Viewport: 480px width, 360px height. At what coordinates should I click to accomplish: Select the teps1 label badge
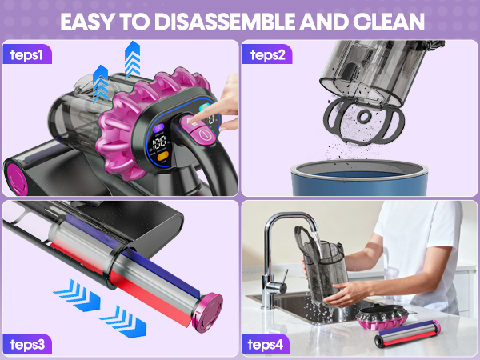[32, 55]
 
